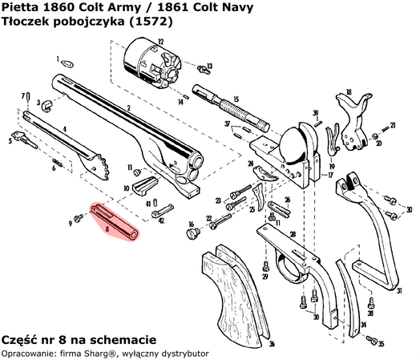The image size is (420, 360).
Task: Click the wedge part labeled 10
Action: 143,187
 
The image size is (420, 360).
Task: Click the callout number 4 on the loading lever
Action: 64,128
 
